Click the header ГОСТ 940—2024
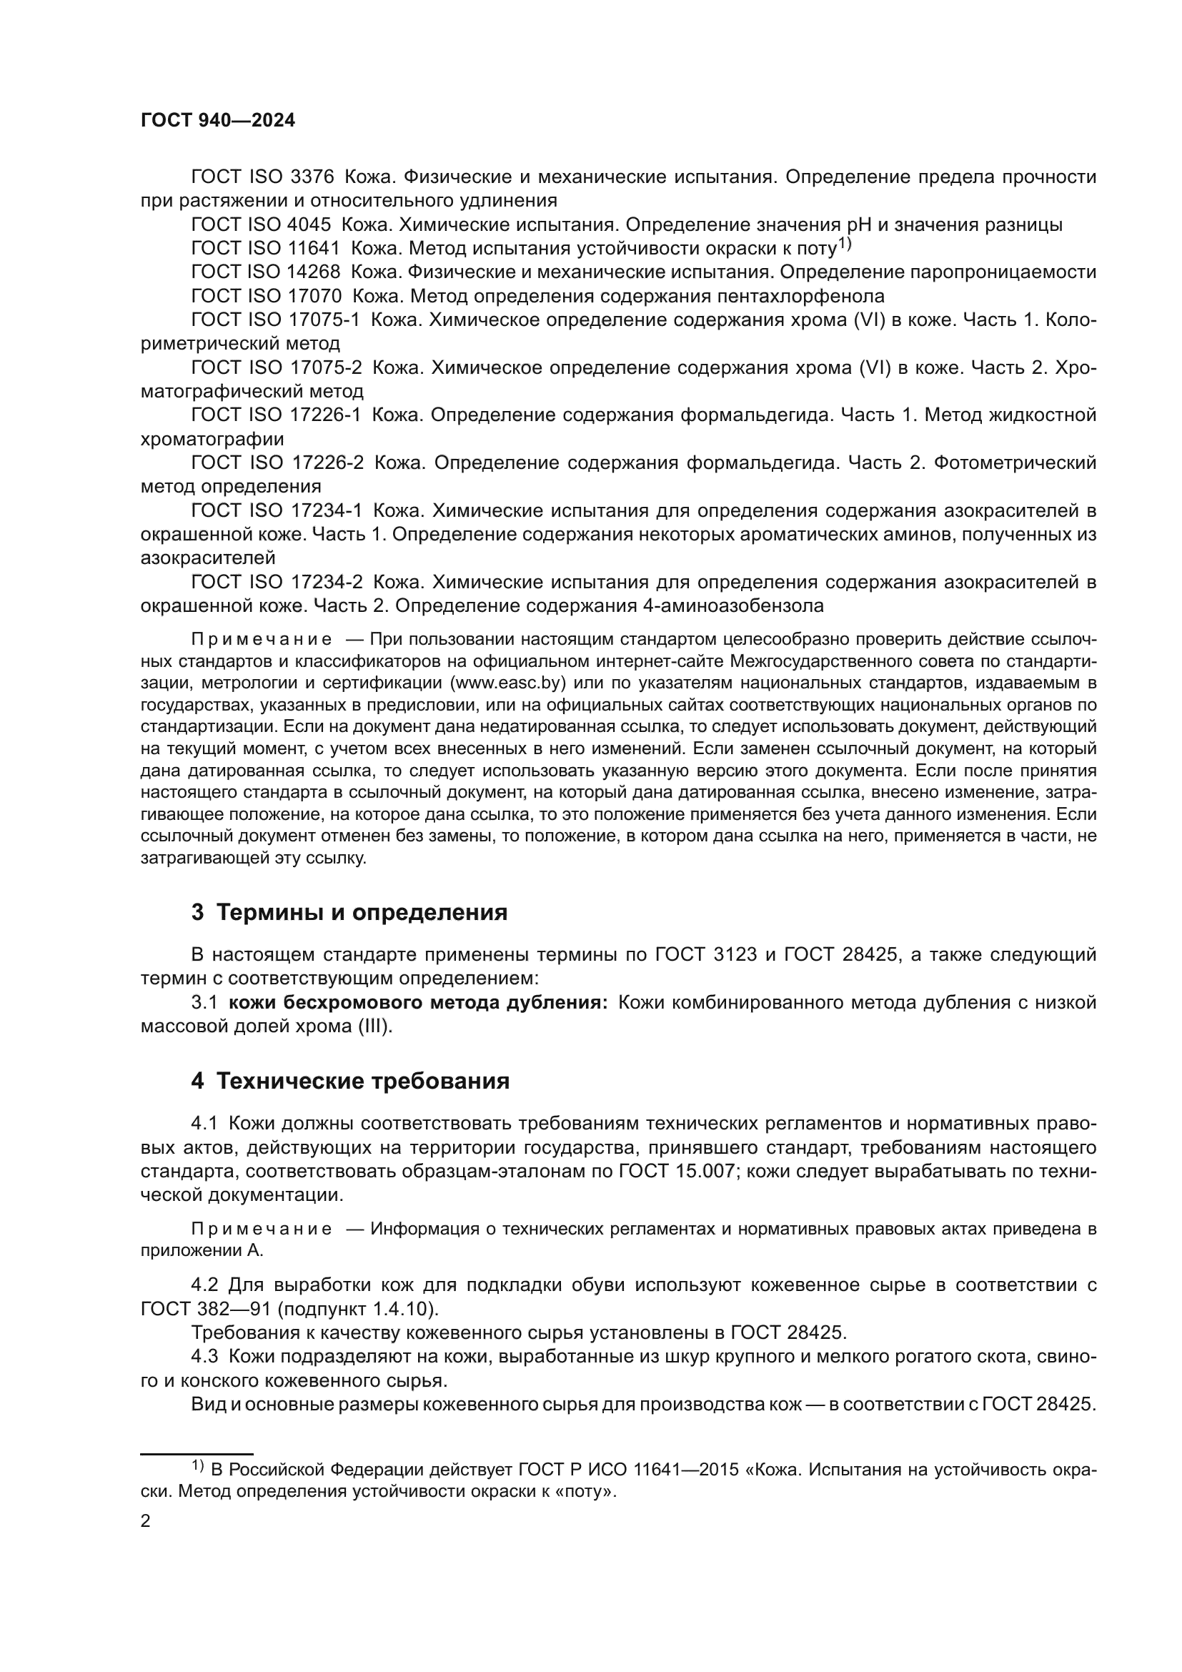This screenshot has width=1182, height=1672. pos(218,121)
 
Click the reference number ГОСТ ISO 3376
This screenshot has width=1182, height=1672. pos(262,177)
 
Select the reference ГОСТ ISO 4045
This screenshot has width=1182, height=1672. pos(261,225)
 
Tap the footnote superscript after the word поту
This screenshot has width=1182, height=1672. pos(844,243)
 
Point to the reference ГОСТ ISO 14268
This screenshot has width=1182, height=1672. pos(266,272)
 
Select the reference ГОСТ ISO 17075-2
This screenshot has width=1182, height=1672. pos(277,367)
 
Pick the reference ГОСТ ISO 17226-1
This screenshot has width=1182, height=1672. pos(277,415)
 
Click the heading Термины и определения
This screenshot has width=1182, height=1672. pos(362,911)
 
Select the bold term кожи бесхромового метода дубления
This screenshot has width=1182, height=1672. pos(418,1003)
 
